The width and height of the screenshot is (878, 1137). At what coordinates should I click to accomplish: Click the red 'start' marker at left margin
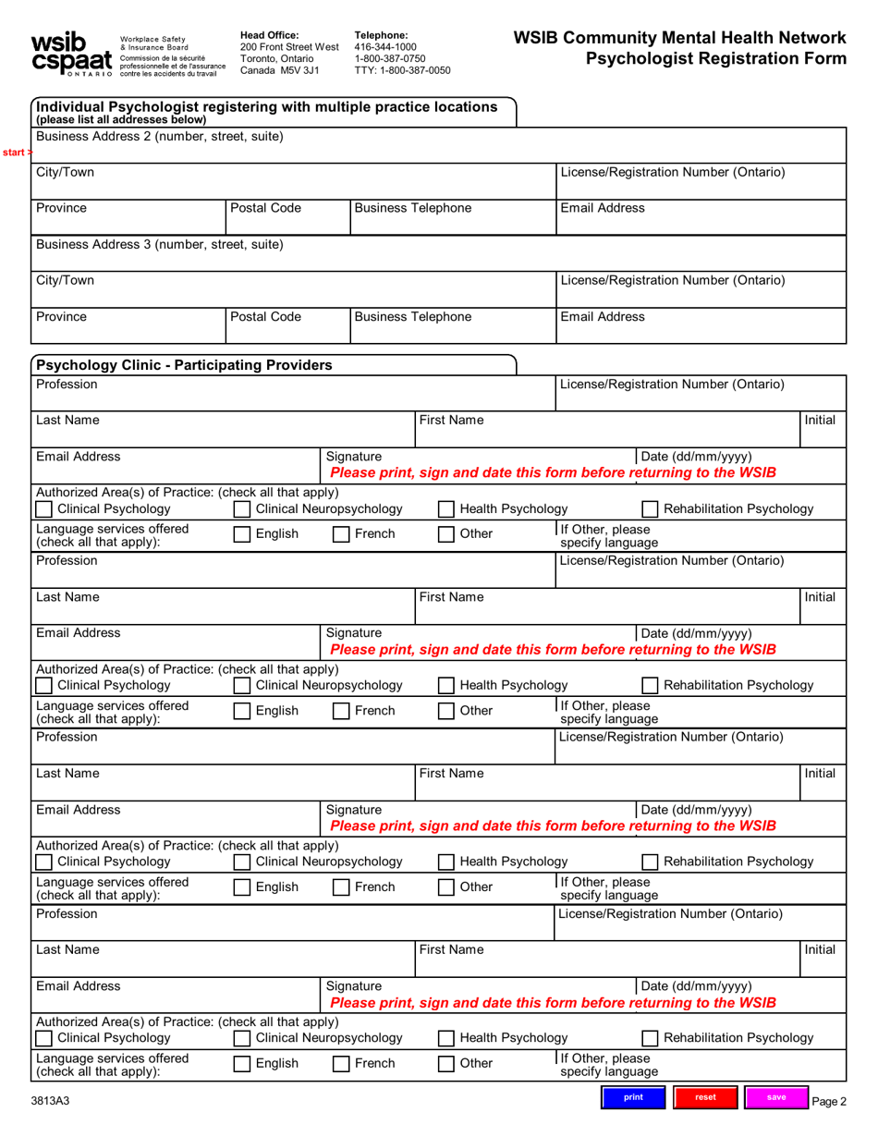(x=16, y=152)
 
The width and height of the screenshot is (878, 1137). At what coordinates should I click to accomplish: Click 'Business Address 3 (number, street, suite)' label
(x=159, y=245)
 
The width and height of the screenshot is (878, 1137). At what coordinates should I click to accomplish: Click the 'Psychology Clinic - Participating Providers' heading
(x=183, y=365)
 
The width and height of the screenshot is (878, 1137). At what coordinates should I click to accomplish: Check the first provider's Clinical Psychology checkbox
(x=43, y=509)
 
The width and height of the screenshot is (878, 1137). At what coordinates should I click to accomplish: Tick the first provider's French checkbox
(x=341, y=534)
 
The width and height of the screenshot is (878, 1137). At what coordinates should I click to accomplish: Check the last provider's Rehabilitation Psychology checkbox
(x=651, y=1038)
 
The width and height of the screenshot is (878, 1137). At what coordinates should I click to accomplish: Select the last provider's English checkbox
(x=241, y=1064)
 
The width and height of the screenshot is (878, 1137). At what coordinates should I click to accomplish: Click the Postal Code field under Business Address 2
(x=287, y=218)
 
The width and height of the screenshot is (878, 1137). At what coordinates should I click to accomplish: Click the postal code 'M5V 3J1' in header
(x=293, y=70)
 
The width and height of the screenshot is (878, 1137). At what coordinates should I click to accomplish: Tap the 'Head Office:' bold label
(x=269, y=35)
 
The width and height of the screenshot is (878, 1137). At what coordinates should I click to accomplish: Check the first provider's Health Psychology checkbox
(x=446, y=509)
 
